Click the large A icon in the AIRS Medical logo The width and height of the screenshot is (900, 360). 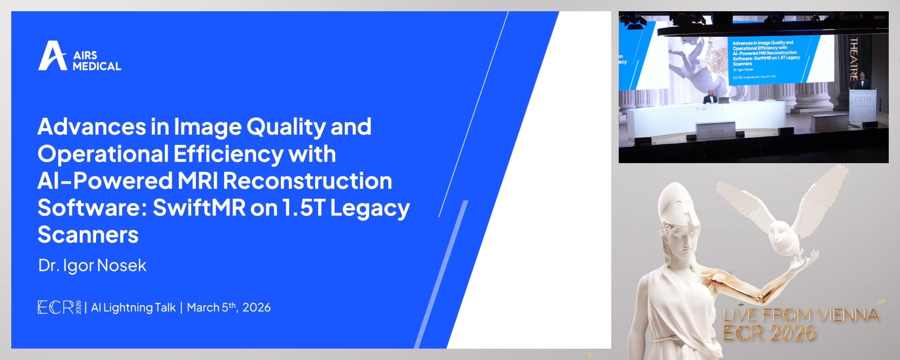[52, 56]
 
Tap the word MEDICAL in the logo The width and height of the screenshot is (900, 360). [97, 67]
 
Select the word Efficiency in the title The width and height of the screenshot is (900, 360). [228, 154]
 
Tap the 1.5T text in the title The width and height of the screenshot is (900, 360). [303, 208]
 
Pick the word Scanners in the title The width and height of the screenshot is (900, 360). [88, 234]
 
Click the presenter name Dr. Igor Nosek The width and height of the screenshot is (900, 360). [92, 265]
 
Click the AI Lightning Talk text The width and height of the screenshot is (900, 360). [134, 307]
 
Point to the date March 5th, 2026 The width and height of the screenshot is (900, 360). [229, 307]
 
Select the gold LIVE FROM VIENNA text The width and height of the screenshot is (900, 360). [801, 315]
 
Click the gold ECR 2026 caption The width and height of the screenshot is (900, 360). [769, 333]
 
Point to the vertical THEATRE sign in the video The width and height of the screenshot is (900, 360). [854, 59]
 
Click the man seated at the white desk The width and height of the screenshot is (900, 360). [711, 97]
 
